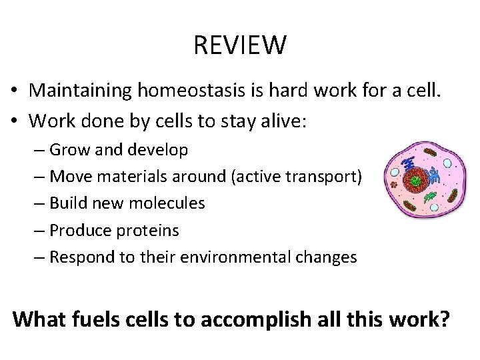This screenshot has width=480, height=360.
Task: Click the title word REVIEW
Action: point(240,46)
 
